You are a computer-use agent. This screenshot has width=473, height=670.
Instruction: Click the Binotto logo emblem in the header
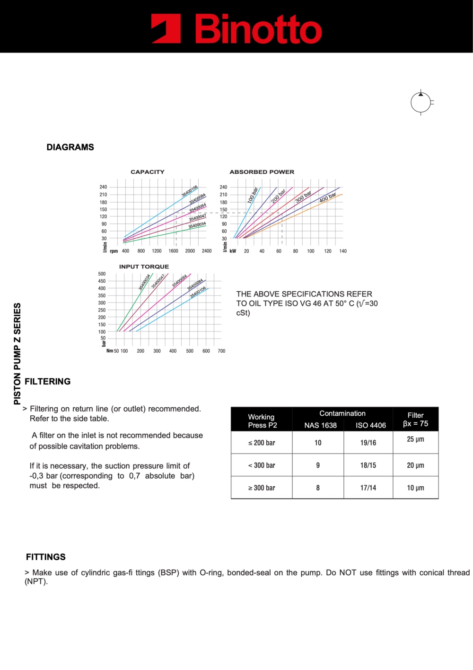pyautogui.click(x=166, y=28)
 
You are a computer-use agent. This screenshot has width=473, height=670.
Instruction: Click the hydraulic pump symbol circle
pyautogui.click(x=420, y=102)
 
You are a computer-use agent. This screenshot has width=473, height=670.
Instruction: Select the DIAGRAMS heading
pyautogui.click(x=70, y=147)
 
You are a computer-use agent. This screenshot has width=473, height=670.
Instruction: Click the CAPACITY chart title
pyautogui.click(x=148, y=172)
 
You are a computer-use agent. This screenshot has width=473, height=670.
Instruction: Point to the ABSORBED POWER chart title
pyautogui.click(x=262, y=172)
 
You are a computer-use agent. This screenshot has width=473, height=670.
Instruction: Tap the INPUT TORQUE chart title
pyautogui.click(x=144, y=267)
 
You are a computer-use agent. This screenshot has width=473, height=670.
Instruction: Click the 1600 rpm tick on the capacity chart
pyautogui.click(x=173, y=251)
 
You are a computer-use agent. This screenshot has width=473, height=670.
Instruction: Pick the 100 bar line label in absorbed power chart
pyautogui.click(x=253, y=195)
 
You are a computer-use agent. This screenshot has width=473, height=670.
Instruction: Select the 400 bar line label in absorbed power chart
pyautogui.click(x=328, y=197)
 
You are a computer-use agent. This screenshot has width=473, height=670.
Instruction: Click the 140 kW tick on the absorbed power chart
pyautogui.click(x=343, y=251)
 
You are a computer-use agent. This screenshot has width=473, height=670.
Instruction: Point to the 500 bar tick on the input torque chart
pyautogui.click(x=102, y=274)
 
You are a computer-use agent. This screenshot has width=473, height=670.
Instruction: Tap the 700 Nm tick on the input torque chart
pyautogui.click(x=221, y=351)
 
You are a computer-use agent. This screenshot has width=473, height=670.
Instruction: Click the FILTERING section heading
pyautogui.click(x=48, y=382)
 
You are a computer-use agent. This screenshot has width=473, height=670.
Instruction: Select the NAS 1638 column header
pyautogui.click(x=320, y=425)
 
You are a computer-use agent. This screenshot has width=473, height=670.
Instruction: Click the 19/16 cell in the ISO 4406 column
pyautogui.click(x=368, y=443)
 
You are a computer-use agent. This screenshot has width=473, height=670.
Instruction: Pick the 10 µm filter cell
pyautogui.click(x=415, y=488)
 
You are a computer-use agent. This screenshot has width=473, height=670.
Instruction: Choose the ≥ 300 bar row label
pyautogui.click(x=262, y=488)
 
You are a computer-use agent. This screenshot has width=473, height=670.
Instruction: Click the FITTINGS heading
pyautogui.click(x=46, y=557)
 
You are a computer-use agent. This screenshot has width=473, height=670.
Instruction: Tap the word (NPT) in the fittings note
pyautogui.click(x=36, y=581)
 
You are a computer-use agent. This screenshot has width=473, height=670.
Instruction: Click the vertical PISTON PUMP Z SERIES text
pyautogui.click(x=18, y=354)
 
